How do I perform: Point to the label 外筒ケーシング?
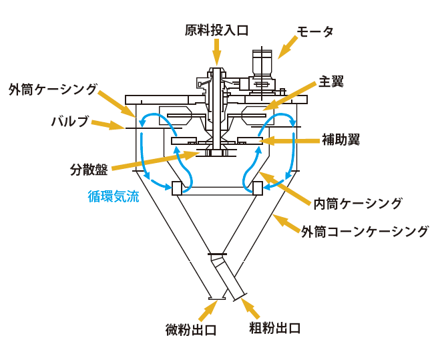click(x=53, y=89)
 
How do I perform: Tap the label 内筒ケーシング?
click(x=358, y=202)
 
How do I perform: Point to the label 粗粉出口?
click(x=274, y=328)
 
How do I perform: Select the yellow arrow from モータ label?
click(x=288, y=46)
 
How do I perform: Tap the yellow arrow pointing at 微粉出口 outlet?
click(x=207, y=309)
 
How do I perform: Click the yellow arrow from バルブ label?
click(x=107, y=124)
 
